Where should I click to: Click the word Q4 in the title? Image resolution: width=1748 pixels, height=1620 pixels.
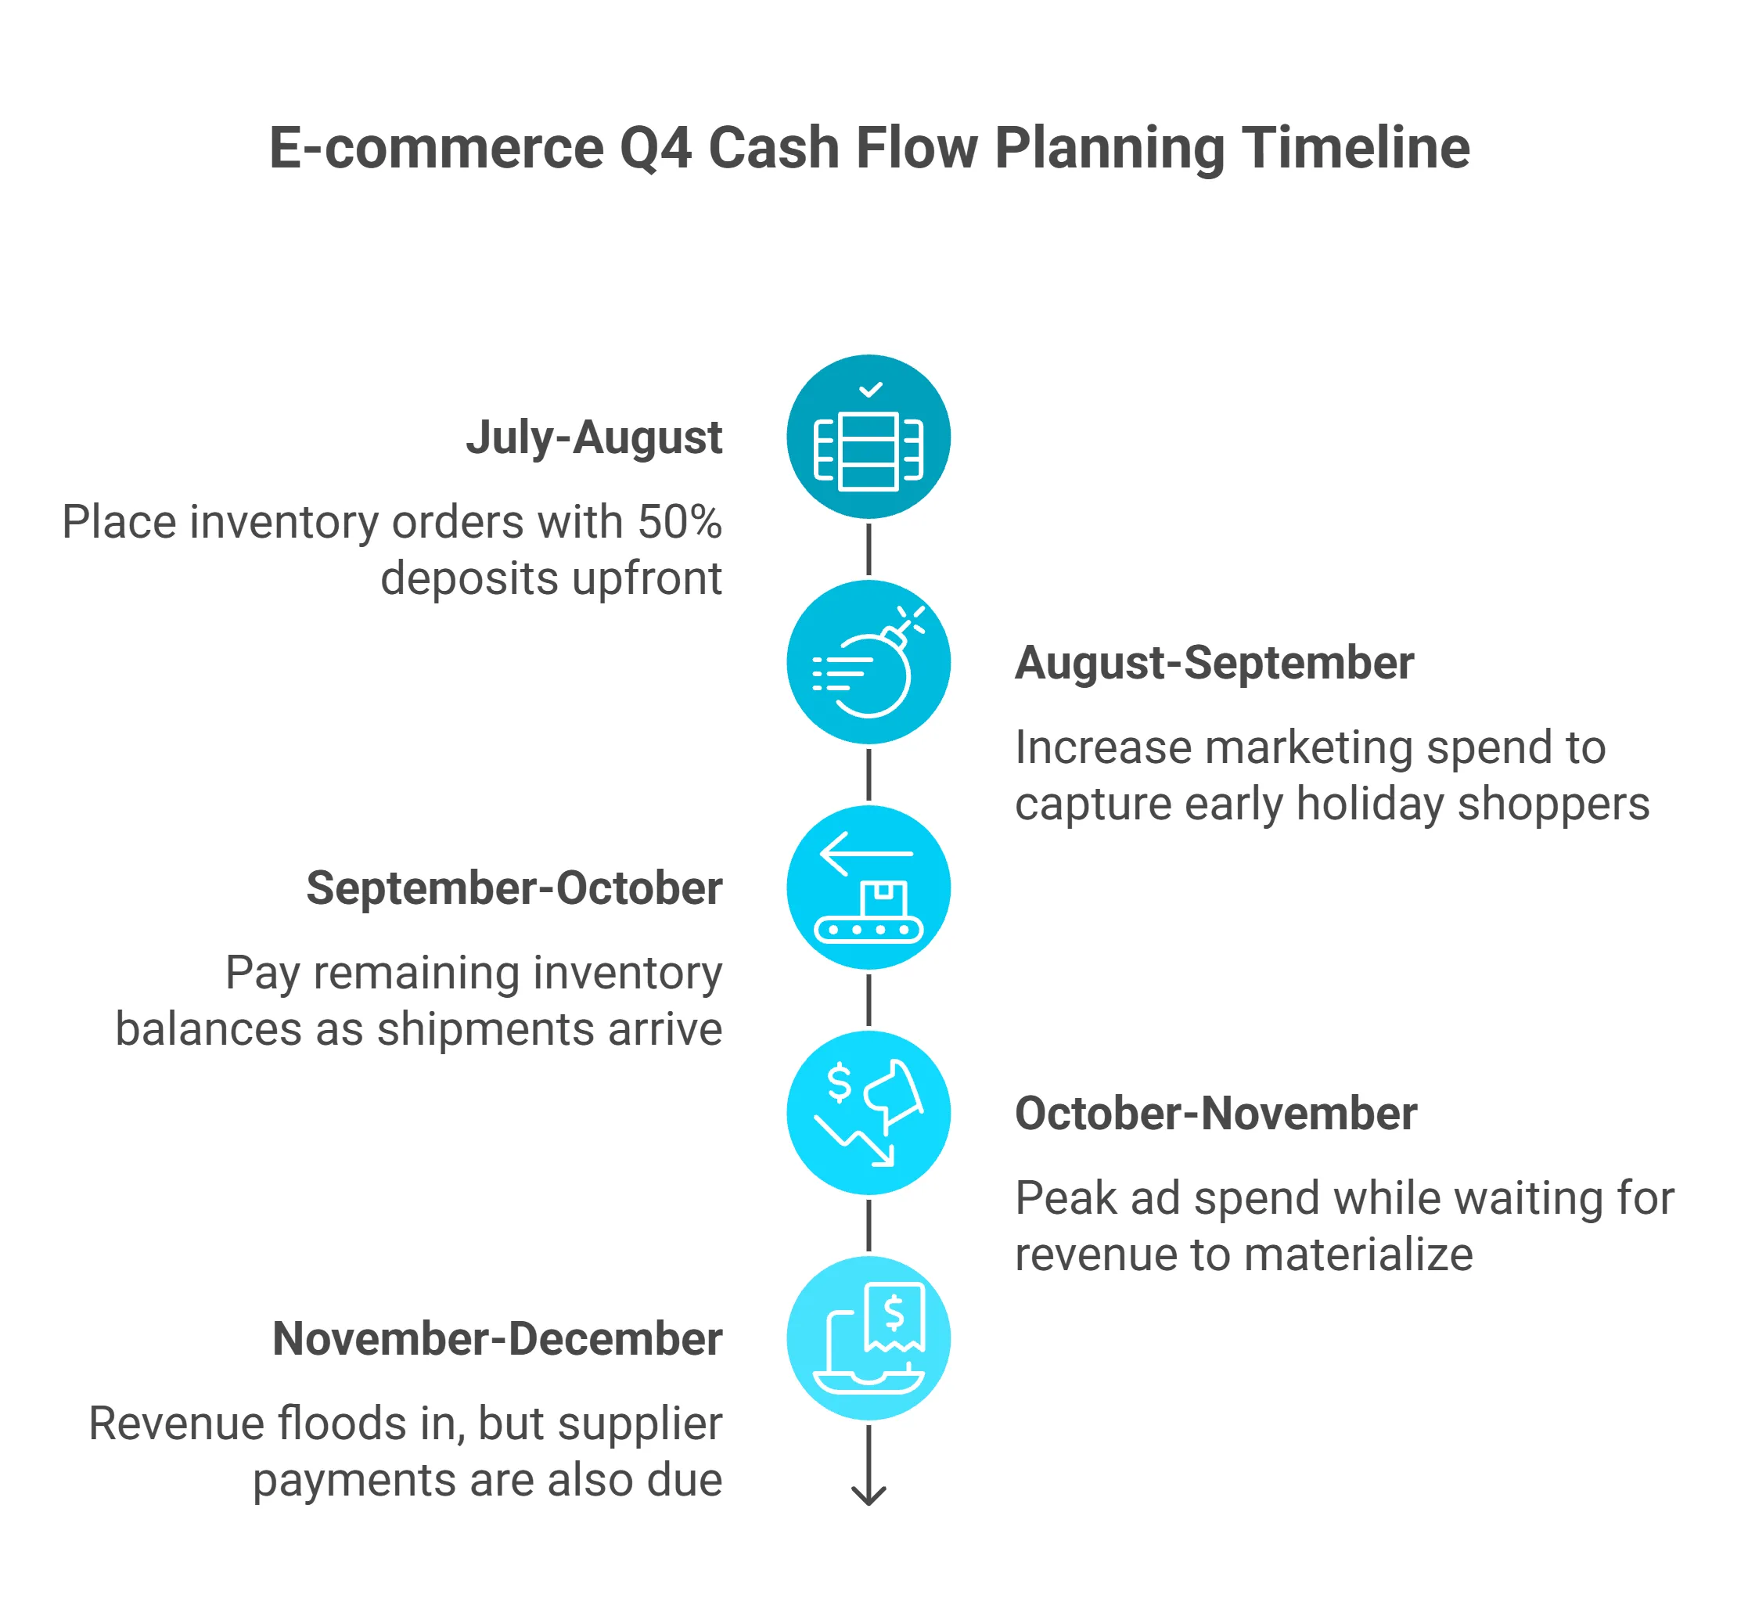[655, 148]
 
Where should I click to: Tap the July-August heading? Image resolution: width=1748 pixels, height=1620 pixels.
[593, 437]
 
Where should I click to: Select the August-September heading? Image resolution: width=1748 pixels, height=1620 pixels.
[1214, 663]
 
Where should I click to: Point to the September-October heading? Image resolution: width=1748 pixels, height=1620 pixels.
[514, 888]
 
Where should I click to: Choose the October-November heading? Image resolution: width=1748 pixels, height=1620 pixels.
[1215, 1114]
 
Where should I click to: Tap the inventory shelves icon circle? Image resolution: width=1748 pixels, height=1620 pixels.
[868, 437]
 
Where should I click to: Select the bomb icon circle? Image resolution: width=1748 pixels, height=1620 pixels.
[868, 663]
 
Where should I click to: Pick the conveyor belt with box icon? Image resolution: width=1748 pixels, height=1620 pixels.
[868, 888]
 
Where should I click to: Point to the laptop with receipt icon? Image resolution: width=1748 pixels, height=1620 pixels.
[868, 1338]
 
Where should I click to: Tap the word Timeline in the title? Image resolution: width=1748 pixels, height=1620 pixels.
[1355, 148]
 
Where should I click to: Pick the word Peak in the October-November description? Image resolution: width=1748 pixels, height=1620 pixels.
[1065, 1198]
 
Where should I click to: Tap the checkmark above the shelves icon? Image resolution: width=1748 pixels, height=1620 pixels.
[869, 389]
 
